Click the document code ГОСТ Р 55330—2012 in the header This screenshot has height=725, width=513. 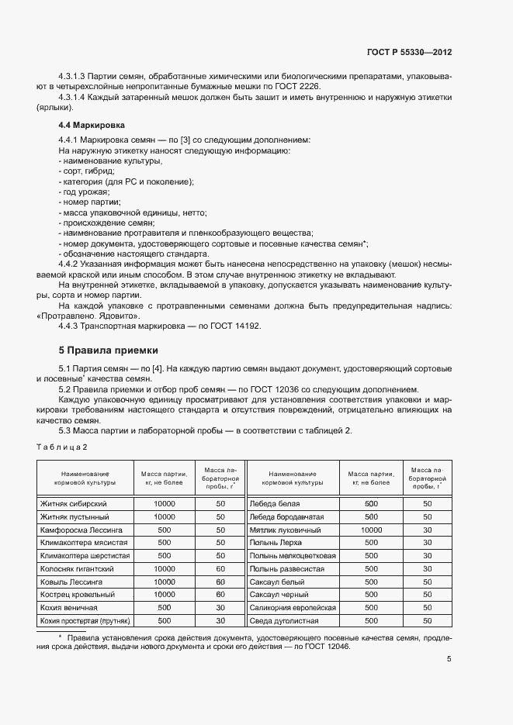pyautogui.click(x=409, y=53)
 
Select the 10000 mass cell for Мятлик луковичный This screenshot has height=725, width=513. pyautogui.click(x=371, y=530)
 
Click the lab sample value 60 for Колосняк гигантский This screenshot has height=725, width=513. pyautogui.click(x=220, y=568)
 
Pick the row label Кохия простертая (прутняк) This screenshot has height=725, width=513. pyautogui.click(x=86, y=621)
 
